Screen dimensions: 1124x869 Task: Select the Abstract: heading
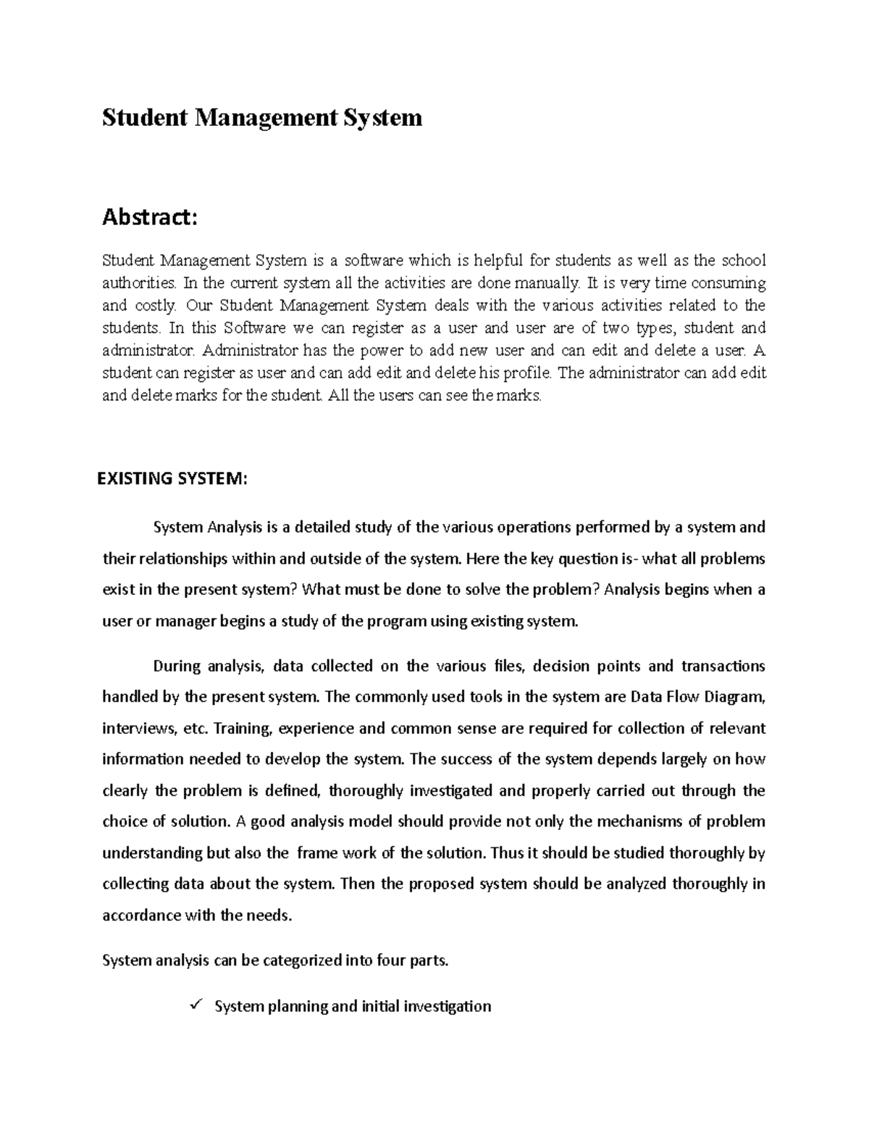tap(148, 216)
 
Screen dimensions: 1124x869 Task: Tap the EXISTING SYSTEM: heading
tap(172, 478)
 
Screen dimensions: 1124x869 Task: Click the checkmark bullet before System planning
tap(193, 1005)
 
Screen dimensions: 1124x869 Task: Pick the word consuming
tap(729, 282)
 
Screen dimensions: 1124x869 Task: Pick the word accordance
tap(142, 915)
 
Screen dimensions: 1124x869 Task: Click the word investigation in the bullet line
tap(447, 1006)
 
